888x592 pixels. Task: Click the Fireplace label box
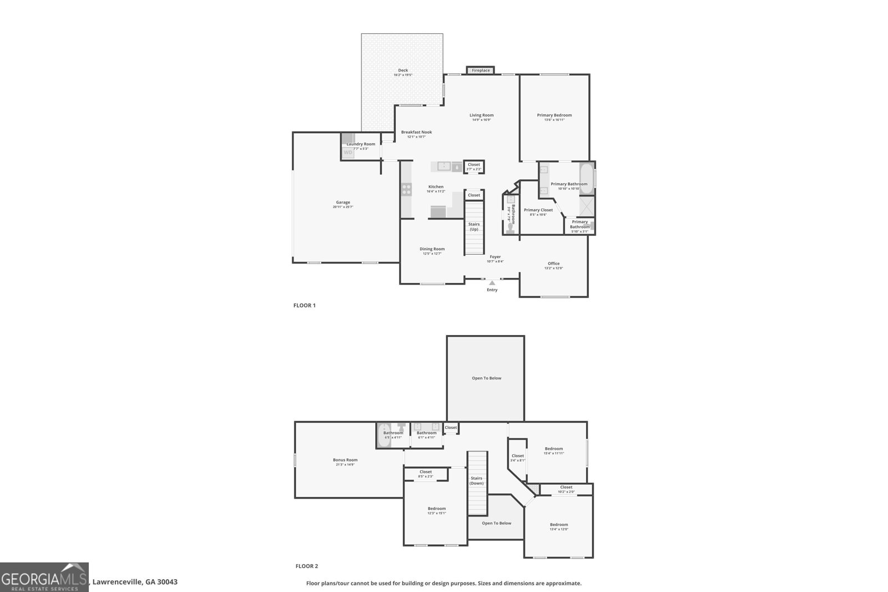point(481,70)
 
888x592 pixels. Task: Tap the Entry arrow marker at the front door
point(492,283)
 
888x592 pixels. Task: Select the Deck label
point(403,70)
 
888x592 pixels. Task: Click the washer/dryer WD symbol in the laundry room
point(347,152)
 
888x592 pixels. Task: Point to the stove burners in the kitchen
point(406,190)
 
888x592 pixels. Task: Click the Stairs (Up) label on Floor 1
point(473,226)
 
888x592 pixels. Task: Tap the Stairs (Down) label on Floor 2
point(476,480)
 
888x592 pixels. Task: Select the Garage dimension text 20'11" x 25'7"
point(343,207)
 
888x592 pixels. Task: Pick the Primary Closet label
point(538,210)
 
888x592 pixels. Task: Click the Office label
point(553,264)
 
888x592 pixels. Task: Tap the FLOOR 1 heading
point(304,305)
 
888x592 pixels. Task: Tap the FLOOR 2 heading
point(306,566)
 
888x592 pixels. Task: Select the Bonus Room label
point(345,459)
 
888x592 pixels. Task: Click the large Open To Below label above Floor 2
point(486,378)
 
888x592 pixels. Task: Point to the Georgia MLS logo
point(44,577)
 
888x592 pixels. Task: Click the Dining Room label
point(432,249)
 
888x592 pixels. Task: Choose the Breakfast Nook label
point(416,132)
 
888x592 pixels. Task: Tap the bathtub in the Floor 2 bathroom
point(384,436)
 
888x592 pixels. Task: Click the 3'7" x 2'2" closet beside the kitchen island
point(473,166)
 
